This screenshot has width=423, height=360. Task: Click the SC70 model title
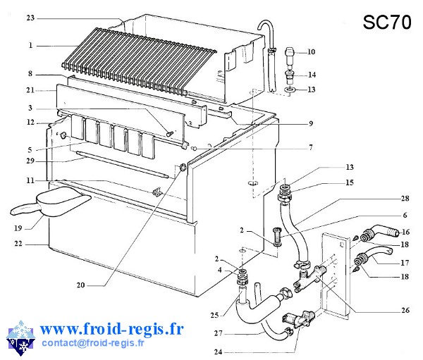387,23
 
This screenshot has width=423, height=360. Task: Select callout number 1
30,45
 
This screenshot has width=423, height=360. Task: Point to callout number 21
30,90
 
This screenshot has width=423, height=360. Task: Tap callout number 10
311,52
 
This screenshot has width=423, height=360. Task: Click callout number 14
311,75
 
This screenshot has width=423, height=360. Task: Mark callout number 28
405,199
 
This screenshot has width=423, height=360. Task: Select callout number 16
405,231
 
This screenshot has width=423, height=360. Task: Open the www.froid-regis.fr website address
112,328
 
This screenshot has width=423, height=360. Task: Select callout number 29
30,161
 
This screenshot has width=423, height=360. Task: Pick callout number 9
310,124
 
